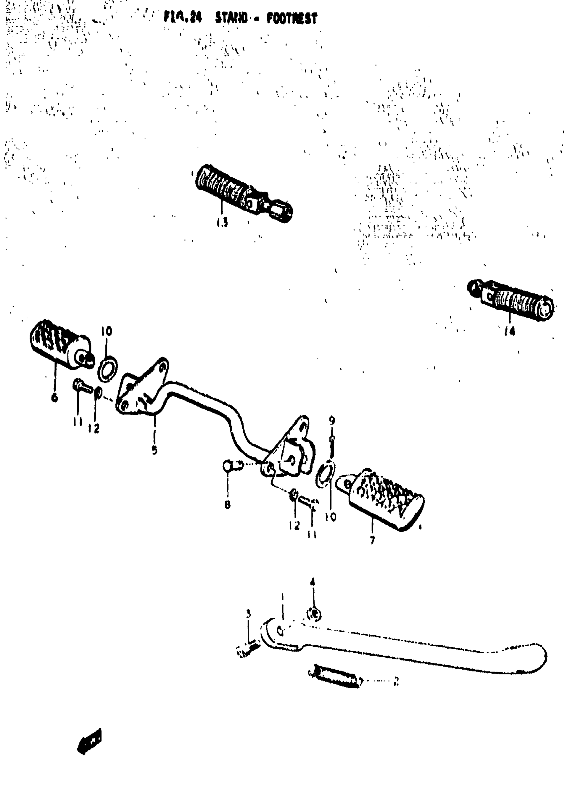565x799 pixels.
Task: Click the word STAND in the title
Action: (231, 18)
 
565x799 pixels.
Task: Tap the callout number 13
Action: (222, 222)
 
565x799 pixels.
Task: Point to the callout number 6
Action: (54, 398)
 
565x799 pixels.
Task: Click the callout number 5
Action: (155, 450)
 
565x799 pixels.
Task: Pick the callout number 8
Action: (228, 504)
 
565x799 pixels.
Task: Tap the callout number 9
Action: (332, 420)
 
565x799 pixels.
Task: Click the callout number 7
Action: (373, 540)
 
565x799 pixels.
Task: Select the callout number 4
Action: (312, 582)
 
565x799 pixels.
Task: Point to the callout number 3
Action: (248, 614)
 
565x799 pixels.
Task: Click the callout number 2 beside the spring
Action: (396, 681)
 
